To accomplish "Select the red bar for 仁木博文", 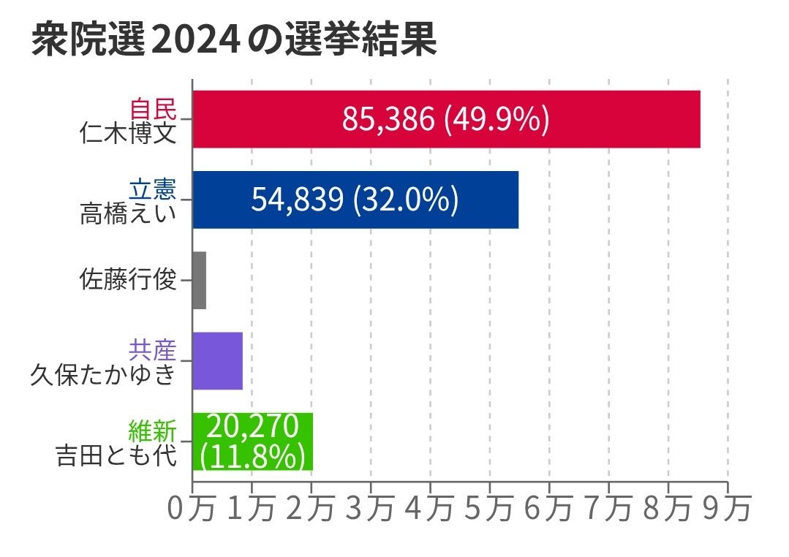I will click(446, 119).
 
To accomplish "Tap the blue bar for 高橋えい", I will click(355, 200).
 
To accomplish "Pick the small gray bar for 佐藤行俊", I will click(199, 280).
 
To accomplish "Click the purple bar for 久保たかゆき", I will click(217, 360).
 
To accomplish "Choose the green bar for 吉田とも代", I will click(252, 442).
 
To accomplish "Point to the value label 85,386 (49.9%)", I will click(445, 119).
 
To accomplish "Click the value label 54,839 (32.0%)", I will click(355, 200).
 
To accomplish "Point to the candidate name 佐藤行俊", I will click(128, 280).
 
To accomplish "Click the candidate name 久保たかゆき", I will click(103, 374).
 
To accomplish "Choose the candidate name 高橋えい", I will click(128, 213).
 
